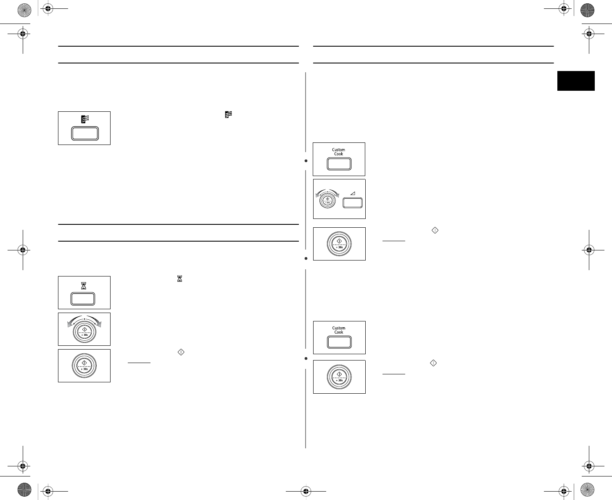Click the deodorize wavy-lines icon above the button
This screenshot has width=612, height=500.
pos(84,119)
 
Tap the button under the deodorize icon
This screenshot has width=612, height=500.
pos(84,134)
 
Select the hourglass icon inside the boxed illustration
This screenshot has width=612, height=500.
pos(84,285)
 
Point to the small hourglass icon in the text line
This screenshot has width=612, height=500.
pos(179,279)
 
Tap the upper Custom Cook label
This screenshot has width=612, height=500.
pos(338,152)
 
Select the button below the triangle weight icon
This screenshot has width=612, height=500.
pos(352,203)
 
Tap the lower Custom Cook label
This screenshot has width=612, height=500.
pos(338,330)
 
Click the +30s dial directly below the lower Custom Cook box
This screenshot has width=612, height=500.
pos(339,377)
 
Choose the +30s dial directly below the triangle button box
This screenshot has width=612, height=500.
pos(339,244)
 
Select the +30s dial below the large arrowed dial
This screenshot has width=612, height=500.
pos(84,366)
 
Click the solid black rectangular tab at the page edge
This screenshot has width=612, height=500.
pos(576,81)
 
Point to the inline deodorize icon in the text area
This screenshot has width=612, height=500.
pos(229,114)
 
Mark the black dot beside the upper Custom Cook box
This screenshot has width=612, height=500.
pos(306,161)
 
